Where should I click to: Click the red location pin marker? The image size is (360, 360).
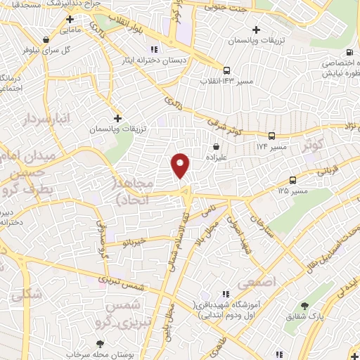181,165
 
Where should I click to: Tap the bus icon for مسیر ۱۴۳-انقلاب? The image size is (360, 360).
226,70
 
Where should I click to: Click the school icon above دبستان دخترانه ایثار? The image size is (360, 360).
154,49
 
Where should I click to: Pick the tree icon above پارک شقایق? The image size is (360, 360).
304,306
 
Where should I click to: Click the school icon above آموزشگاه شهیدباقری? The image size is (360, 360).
224,294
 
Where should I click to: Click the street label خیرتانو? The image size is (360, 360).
133,242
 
